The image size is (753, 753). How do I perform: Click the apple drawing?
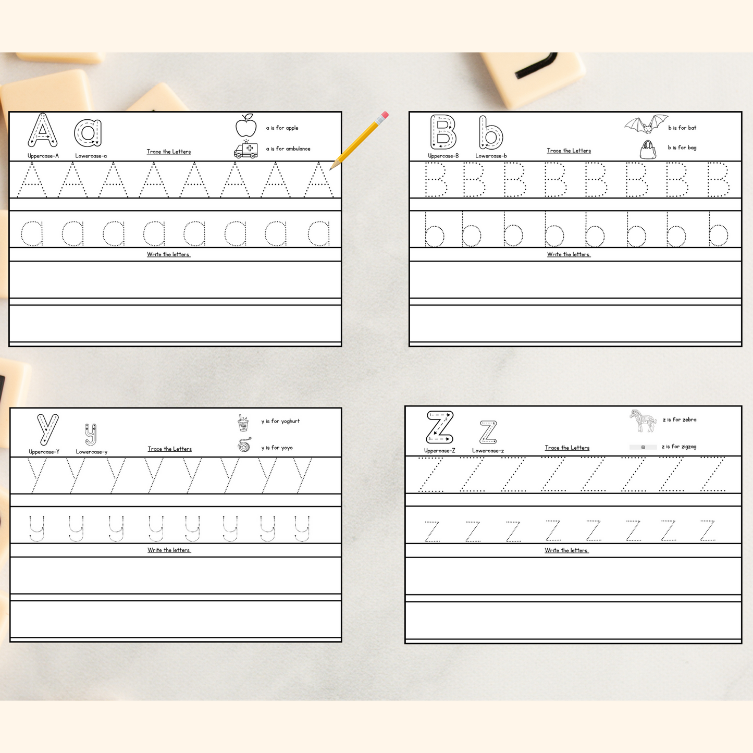tap(246, 126)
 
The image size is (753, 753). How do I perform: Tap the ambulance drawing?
tap(246, 149)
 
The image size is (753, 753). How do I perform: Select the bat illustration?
tap(646, 124)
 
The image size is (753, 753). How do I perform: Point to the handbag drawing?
tap(648, 150)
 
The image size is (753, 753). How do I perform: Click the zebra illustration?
tap(643, 421)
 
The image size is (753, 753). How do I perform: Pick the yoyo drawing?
tap(244, 445)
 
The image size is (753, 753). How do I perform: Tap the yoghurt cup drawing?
tap(243, 423)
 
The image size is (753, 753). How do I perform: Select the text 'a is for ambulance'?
tap(288, 149)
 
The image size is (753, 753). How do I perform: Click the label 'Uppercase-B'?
tap(443, 156)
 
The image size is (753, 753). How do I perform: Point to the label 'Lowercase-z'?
tap(488, 451)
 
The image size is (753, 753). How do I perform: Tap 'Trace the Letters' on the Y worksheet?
tap(169, 449)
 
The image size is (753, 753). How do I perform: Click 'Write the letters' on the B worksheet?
tap(569, 254)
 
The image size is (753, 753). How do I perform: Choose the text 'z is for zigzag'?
tap(679, 447)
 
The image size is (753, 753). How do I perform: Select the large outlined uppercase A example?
tap(43, 130)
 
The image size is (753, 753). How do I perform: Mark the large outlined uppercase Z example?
tap(440, 427)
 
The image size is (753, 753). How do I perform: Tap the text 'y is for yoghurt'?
tap(280, 421)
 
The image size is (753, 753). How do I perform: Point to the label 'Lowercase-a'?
tap(91, 156)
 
